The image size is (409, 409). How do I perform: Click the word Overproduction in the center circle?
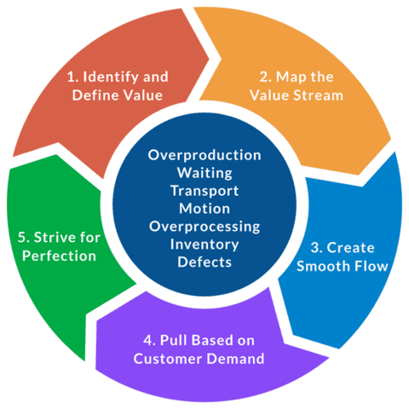204,156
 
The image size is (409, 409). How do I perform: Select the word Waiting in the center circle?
204,174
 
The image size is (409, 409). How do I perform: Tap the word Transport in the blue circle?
204,191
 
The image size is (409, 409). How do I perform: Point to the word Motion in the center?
204,209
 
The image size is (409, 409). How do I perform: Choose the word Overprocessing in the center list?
204,227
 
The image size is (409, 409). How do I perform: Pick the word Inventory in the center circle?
204,245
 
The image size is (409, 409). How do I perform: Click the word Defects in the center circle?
204,262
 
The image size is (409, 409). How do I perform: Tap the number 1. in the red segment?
73,76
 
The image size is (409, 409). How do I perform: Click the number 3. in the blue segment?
315,248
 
